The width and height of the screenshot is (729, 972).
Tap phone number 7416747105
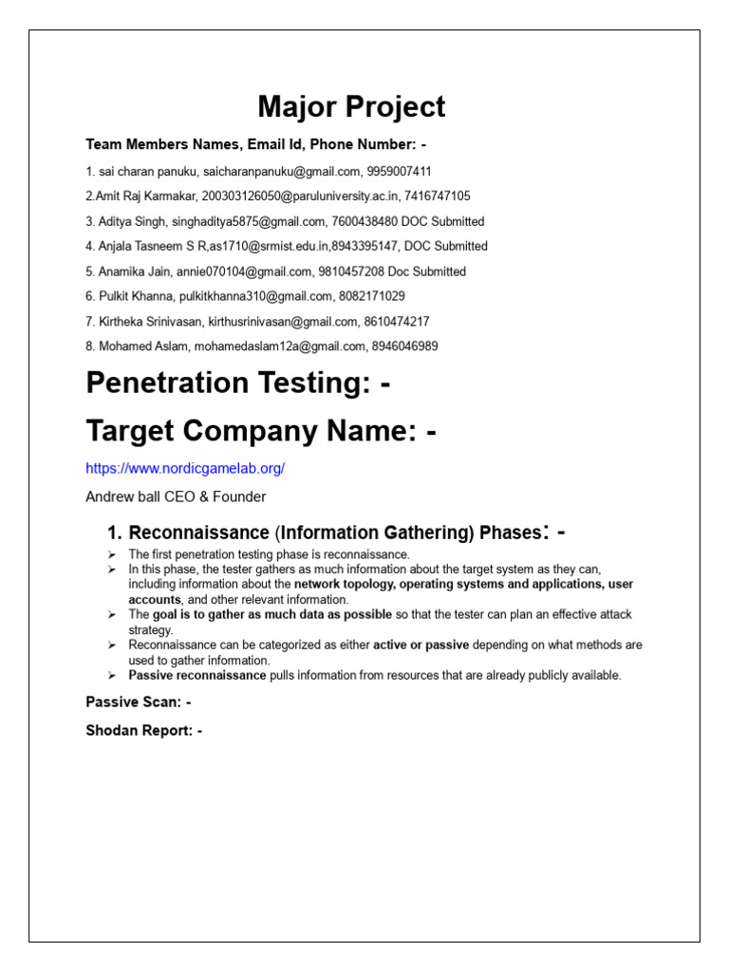[437, 196]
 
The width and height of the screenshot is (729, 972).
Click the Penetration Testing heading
[238, 383]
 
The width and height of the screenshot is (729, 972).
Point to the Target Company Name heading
[261, 431]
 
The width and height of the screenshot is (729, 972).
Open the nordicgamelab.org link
[185, 469]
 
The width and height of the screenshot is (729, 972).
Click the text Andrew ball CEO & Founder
[176, 496]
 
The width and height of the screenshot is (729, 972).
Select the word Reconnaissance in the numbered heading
[198, 533]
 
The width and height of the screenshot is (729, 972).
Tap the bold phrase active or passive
[421, 645]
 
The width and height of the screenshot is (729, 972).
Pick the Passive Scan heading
[139, 702]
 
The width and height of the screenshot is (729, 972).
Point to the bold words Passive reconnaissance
[197, 676]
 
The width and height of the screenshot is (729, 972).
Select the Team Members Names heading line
[256, 145]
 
